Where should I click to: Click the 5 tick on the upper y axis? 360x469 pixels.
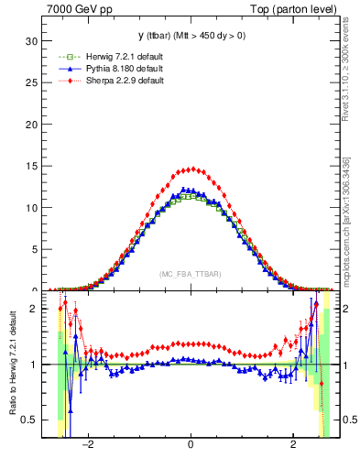point(34,248)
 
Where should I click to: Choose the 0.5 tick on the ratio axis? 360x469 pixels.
point(29,420)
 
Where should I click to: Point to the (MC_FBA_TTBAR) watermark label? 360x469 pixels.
point(190,274)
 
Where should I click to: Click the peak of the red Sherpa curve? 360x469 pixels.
point(190,169)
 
